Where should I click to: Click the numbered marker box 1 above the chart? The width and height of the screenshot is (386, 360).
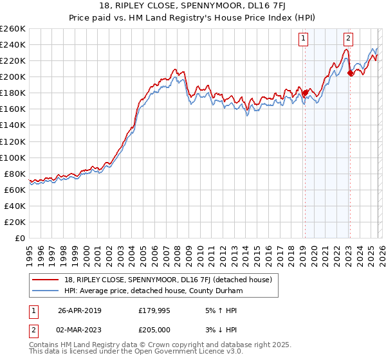point(303,38)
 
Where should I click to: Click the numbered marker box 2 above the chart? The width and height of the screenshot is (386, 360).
point(348,38)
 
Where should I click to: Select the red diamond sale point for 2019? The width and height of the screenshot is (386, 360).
point(305,93)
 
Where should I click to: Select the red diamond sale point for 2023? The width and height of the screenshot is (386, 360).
point(350,73)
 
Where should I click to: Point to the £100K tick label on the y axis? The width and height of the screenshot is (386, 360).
point(13,157)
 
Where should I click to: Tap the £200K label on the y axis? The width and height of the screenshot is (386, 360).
point(13,76)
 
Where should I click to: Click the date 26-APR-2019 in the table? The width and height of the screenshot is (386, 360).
point(80,310)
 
